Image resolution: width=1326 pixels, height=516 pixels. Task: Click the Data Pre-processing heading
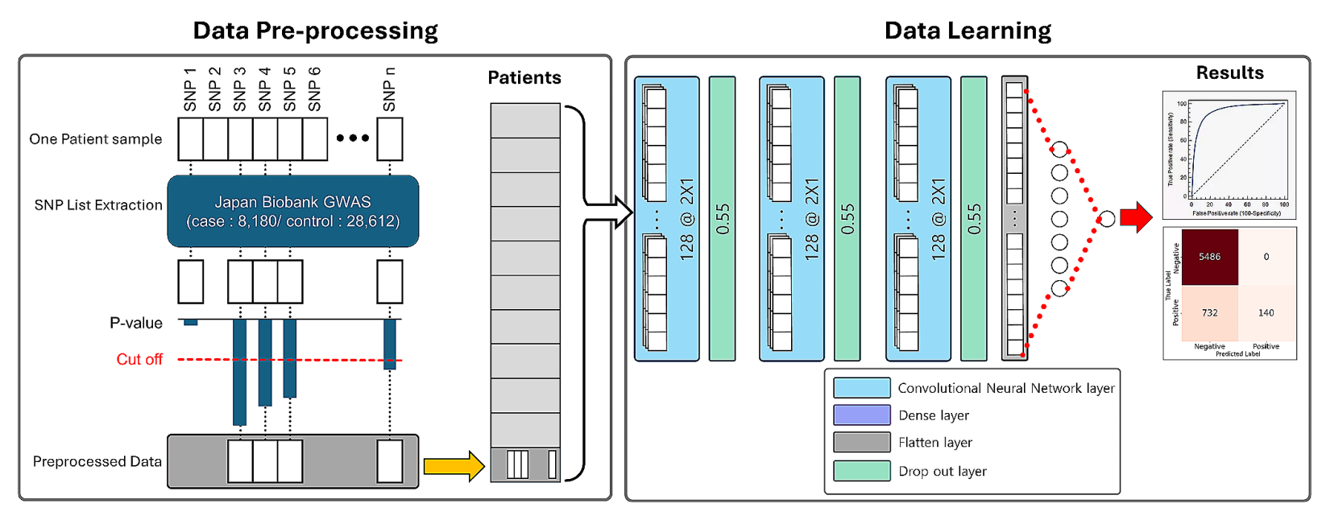pos(315,31)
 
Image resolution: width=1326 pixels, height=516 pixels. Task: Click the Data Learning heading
pos(968,31)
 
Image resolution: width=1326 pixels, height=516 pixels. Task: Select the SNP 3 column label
pos(239,89)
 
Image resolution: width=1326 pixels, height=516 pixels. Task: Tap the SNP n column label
pos(389,89)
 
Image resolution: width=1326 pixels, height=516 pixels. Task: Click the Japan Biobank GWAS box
pos(292,211)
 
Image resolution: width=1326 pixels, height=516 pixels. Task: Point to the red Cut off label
pos(139,359)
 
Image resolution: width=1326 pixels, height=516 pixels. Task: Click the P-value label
pos(136,323)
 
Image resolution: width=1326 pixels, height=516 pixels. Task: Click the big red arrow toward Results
pos(1136,217)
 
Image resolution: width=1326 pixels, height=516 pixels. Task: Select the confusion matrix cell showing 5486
pos(1209,257)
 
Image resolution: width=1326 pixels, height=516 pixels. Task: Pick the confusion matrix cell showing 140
pos(1266,312)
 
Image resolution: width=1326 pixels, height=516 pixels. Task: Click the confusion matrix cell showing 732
pos(1209,312)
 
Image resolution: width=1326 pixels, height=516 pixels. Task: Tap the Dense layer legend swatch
pos(861,415)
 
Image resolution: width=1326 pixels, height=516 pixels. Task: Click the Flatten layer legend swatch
pos(861,442)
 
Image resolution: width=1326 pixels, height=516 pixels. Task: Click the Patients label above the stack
pos(524,77)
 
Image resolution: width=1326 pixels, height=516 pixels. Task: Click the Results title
pos(1229,72)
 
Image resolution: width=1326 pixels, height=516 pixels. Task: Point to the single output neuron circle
pos(1108,218)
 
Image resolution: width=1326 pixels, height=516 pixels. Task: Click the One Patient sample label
pos(95,138)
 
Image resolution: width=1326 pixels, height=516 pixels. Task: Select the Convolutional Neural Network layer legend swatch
pos(861,387)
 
